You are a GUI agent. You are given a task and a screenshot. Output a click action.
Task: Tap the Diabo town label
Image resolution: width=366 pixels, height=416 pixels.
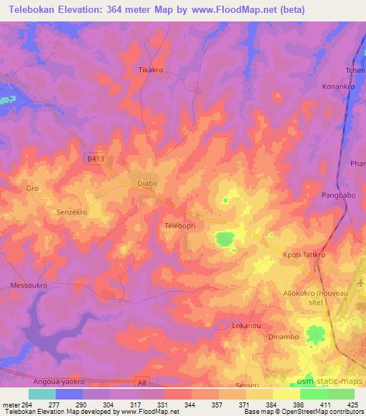click(147, 184)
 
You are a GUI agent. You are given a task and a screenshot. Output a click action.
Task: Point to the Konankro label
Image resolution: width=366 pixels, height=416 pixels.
click(338, 86)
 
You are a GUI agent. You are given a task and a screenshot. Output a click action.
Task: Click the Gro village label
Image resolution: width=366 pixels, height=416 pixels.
click(31, 189)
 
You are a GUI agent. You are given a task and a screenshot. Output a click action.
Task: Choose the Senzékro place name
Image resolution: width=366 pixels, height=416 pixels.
click(71, 212)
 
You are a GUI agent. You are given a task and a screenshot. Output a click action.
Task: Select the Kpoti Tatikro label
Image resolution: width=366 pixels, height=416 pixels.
click(304, 254)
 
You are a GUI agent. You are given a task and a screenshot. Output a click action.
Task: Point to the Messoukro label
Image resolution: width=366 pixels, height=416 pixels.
click(29, 284)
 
